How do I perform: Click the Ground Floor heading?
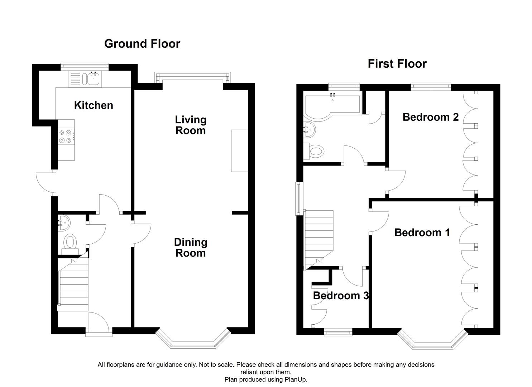pos(142,44)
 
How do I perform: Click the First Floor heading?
pos(397,64)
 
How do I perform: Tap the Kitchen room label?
pos(94,105)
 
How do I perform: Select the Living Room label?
pos(191,125)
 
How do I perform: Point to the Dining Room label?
pos(191,248)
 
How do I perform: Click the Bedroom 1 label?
pos(422,233)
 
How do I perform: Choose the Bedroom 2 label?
pos(430,117)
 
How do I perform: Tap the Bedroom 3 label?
pos(341,296)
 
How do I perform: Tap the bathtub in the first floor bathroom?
pos(331,105)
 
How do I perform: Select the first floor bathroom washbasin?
pos(309,128)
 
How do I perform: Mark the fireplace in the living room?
pos(239,150)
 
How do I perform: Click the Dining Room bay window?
pos(193,340)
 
